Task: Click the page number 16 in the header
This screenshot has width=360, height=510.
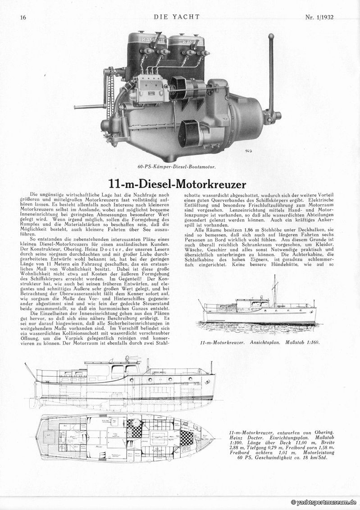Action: pyautogui.click(x=23, y=18)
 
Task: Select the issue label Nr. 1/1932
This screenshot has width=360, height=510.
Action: pyautogui.click(x=322, y=18)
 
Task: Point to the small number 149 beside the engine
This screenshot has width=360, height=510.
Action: pyautogui.click(x=249, y=151)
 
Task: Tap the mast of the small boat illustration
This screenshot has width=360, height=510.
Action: pyautogui.click(x=274, y=288)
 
